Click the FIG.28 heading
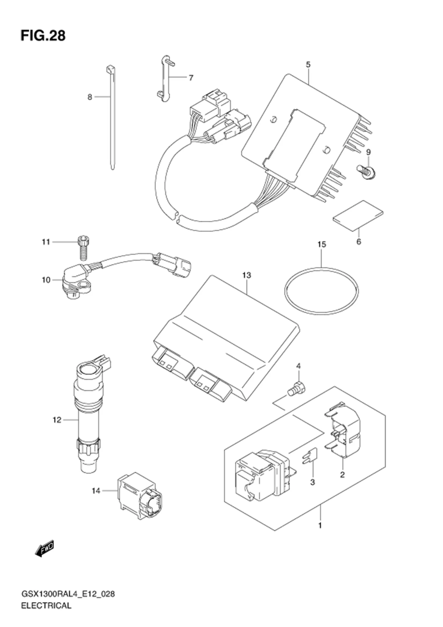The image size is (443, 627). pos(43,36)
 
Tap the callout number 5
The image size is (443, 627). pos(308,65)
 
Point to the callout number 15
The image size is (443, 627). pos(322,244)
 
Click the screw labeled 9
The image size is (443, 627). pos(365,172)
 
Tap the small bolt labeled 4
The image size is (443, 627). pos(296,388)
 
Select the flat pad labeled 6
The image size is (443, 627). pos(358,216)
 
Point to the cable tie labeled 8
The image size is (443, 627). pos(112,117)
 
